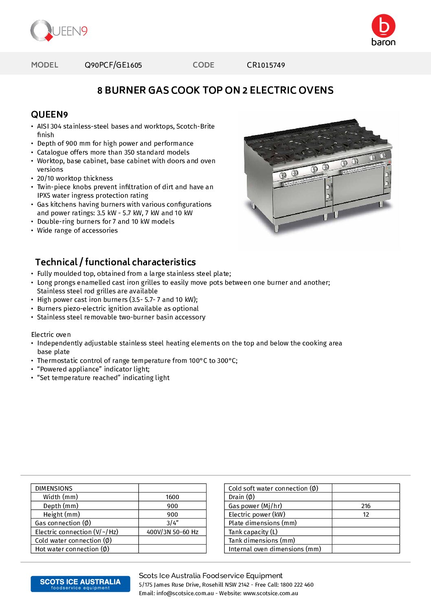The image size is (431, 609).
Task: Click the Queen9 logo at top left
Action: [x=59, y=31]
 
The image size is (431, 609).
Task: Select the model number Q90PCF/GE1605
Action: [x=113, y=65]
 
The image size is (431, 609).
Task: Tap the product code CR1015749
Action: [x=266, y=65]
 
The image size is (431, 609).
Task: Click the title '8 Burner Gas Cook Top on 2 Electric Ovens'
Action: [x=215, y=90]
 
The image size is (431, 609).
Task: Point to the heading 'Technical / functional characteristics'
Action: [x=115, y=262]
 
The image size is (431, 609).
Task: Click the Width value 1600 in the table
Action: [x=172, y=497]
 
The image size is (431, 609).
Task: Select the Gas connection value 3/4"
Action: [x=172, y=523]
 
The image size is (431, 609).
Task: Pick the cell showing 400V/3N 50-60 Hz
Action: [x=172, y=532]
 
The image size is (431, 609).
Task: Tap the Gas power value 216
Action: [x=365, y=506]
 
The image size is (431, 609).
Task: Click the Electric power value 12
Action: [x=365, y=515]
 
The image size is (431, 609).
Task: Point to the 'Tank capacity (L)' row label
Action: [x=253, y=532]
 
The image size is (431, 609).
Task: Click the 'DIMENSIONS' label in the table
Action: [x=54, y=489]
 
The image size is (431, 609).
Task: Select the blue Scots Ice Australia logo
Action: [x=80, y=584]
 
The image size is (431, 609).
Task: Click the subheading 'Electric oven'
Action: [x=51, y=335]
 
